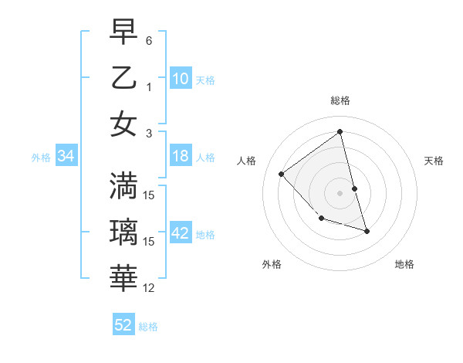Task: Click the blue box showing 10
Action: click(181, 79)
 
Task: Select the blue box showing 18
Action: click(181, 157)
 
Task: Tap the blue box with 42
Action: click(181, 234)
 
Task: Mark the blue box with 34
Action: click(66, 157)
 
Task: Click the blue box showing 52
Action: click(123, 325)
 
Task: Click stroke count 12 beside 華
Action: click(149, 288)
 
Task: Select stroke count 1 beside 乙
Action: click(149, 87)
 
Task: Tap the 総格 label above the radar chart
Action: click(340, 100)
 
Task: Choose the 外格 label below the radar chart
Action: click(272, 264)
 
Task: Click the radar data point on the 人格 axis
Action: click(282, 175)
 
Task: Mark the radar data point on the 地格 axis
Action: click(367, 231)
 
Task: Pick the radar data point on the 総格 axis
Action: click(340, 131)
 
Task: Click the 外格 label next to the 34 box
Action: click(41, 158)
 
